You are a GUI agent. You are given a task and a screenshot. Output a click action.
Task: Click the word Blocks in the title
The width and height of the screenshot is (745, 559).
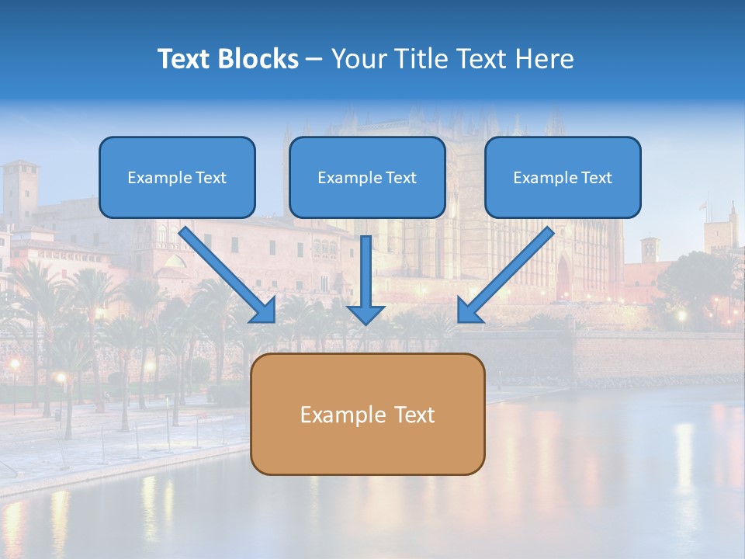(258, 59)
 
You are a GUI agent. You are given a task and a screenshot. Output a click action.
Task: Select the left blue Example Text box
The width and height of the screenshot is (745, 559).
(177, 177)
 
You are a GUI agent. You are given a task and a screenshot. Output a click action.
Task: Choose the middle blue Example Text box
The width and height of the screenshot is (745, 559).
(367, 177)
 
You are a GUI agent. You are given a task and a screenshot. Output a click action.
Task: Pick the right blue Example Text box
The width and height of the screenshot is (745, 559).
(563, 177)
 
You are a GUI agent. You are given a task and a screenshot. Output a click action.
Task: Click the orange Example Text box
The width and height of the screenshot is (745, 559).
(367, 414)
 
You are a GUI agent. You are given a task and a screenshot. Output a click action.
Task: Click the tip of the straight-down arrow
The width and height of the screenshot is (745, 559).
(366, 321)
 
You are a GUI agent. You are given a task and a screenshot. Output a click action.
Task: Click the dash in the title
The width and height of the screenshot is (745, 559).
(314, 60)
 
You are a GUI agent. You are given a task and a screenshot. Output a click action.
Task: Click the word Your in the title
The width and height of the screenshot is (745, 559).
(358, 59)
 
